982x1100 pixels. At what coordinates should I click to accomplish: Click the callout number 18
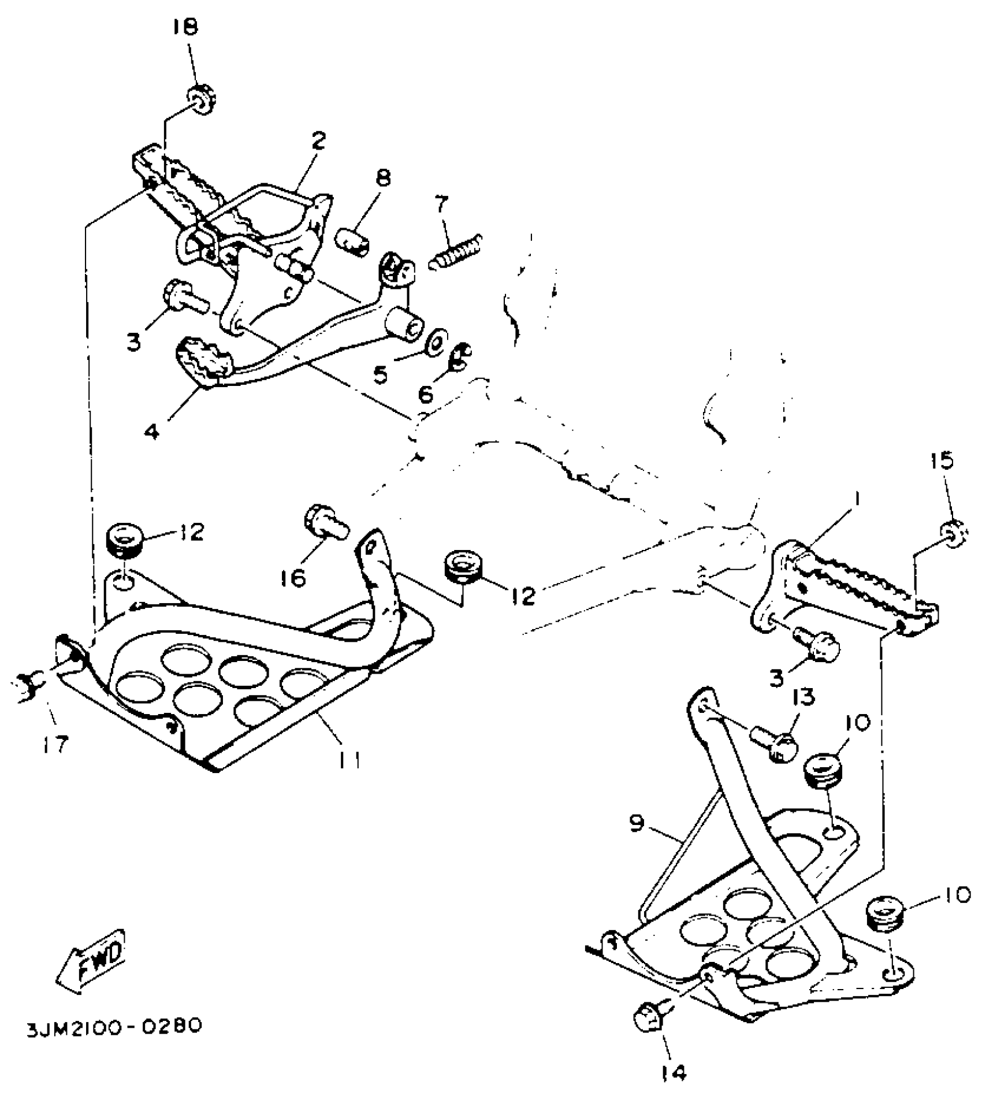185,27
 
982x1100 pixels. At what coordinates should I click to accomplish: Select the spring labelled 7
456,250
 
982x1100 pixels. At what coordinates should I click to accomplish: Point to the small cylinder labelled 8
352,242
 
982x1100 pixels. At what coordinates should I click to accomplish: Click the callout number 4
152,432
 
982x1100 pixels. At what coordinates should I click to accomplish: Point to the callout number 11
349,760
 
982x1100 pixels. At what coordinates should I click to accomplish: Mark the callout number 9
637,824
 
